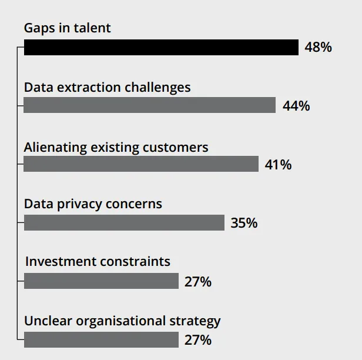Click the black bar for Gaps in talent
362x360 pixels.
(161, 48)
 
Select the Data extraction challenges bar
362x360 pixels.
(150, 105)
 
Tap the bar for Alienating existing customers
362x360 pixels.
(141, 164)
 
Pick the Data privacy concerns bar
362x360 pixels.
(124, 222)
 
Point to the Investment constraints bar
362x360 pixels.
(101, 281)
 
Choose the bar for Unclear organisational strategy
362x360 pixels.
(101, 339)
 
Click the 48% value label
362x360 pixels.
(318, 48)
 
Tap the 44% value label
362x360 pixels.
(296, 106)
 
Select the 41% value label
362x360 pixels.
(278, 165)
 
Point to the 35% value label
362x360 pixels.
(244, 223)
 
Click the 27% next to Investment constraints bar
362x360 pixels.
(198, 282)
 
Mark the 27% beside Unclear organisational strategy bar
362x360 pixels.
(198, 340)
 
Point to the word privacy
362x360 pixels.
(81, 204)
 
